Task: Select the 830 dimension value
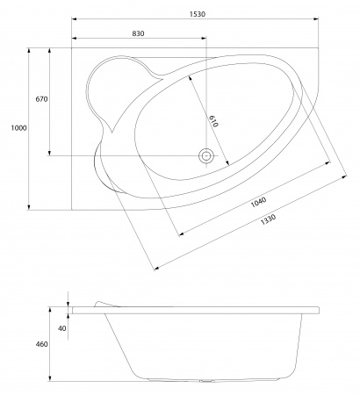click(x=138, y=32)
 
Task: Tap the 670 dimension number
click(x=40, y=99)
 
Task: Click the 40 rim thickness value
click(x=61, y=327)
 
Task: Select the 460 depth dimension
click(x=40, y=344)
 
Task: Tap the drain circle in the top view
click(x=206, y=156)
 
